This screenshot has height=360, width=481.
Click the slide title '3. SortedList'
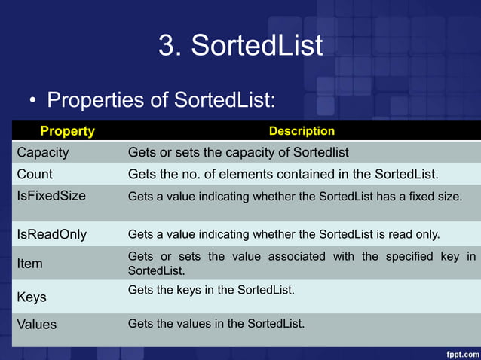[x=240, y=45]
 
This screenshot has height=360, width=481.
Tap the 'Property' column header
[x=67, y=131]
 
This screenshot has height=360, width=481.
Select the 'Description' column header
[x=302, y=131]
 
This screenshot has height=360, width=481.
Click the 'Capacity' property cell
[x=43, y=153]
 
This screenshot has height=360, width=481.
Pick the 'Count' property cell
[x=35, y=175]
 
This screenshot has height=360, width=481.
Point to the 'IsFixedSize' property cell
[x=51, y=196]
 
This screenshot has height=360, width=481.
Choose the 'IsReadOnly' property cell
[x=51, y=234]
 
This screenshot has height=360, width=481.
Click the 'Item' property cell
[x=30, y=264]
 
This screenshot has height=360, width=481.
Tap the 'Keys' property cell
[x=32, y=297]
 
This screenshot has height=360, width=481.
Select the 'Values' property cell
[x=37, y=325]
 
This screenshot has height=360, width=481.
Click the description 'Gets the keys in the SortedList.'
[x=210, y=290]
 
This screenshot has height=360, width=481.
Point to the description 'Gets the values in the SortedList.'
[x=216, y=324]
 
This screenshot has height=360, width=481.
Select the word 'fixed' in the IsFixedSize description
[x=418, y=197]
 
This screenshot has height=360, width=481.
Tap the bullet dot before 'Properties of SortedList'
[x=33, y=101]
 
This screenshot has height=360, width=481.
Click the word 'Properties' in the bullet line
[x=94, y=100]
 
